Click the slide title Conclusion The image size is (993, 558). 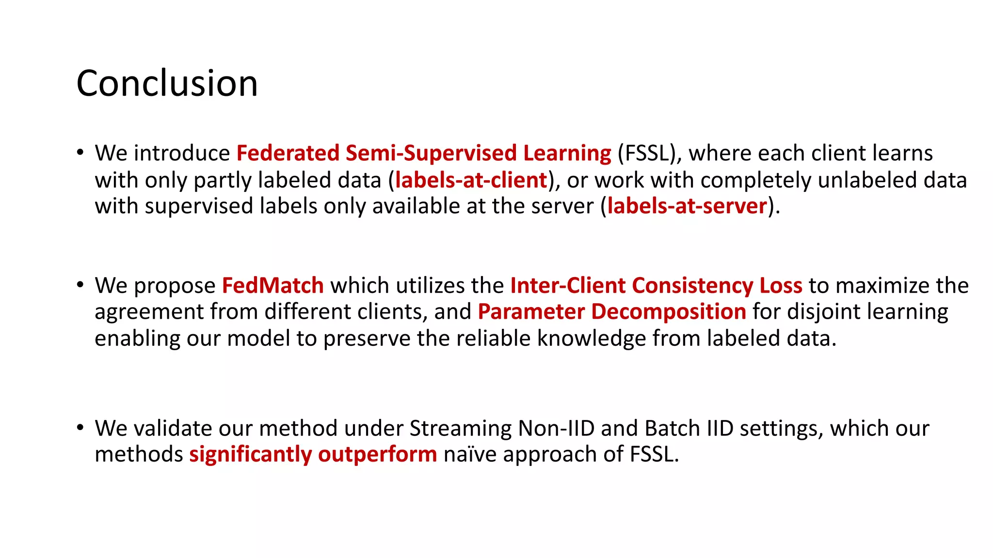point(167,83)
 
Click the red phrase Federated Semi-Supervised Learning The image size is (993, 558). point(424,153)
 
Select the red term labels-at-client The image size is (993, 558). point(471,180)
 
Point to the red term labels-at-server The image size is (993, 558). point(687,206)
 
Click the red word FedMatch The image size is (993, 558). point(272,285)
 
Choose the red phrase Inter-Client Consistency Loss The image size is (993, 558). point(656,285)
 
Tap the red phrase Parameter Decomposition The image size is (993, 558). point(611,311)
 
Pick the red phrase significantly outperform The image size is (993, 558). point(313,454)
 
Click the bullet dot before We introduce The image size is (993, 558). point(80,152)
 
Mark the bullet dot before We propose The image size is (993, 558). point(80,285)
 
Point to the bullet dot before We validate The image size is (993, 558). point(80,427)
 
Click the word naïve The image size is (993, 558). point(470,454)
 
